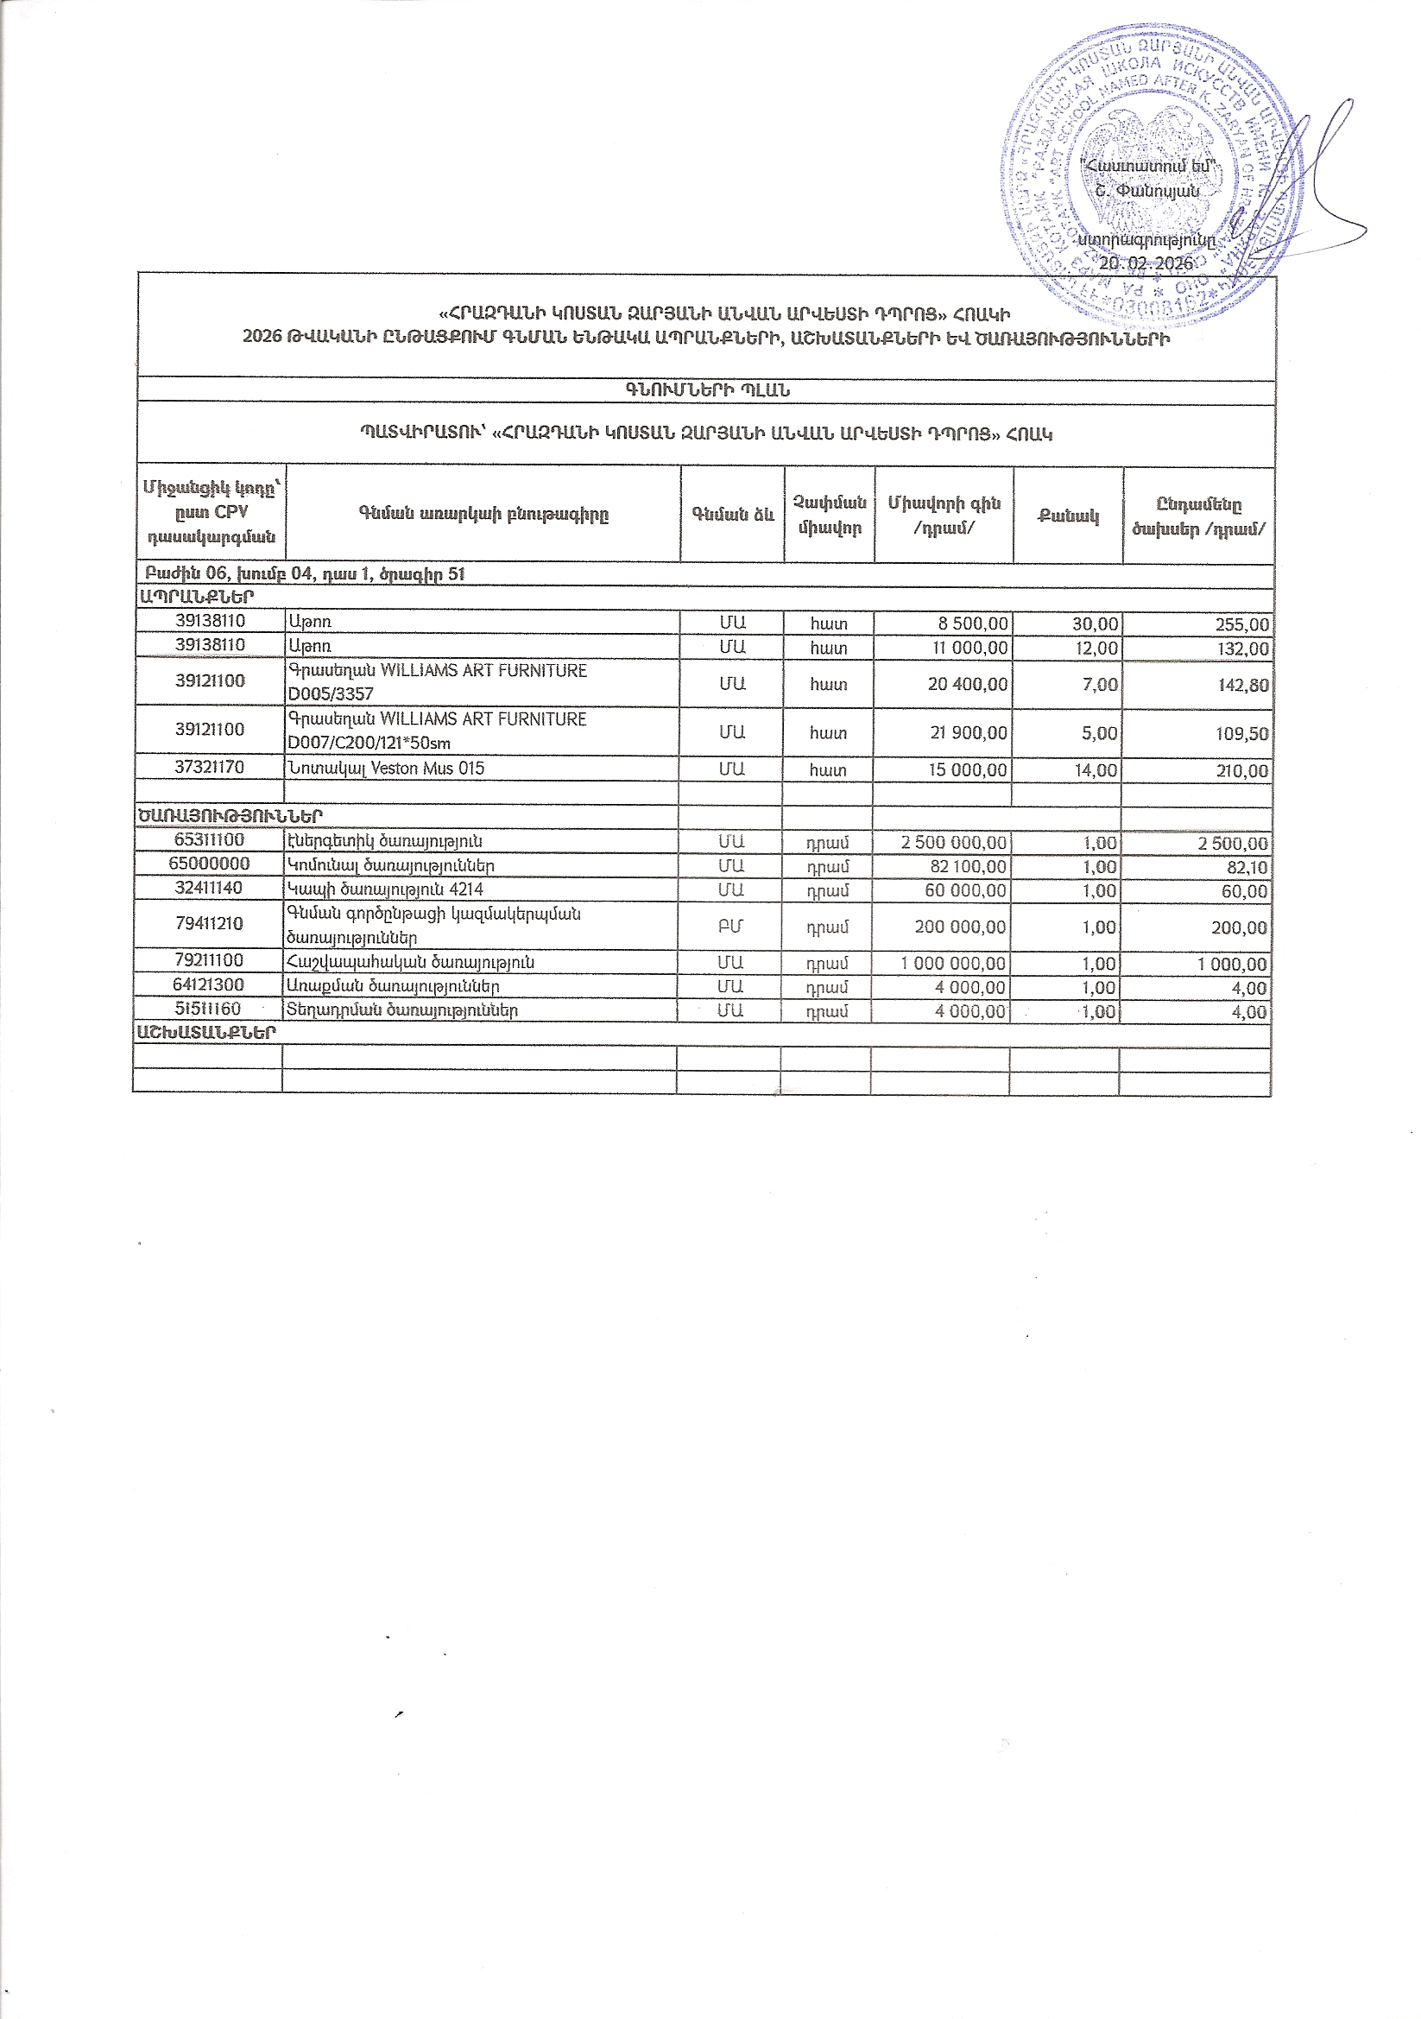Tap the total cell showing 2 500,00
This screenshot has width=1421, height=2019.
click(1232, 844)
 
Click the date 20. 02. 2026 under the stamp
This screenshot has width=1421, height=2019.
click(1148, 263)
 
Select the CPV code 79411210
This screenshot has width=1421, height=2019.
click(208, 923)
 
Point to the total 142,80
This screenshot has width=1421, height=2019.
click(1242, 685)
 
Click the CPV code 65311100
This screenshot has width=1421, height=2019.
click(209, 840)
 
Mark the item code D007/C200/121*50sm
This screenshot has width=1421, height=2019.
click(369, 743)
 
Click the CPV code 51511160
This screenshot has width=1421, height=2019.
click(208, 1009)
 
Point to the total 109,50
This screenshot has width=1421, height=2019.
click(1242, 733)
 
